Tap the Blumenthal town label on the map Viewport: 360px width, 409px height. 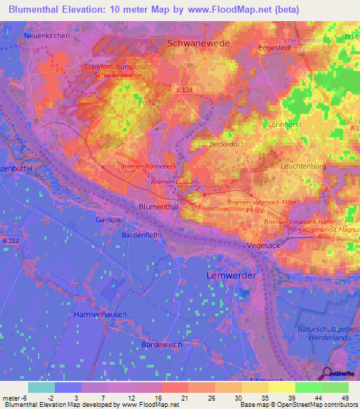[161, 207]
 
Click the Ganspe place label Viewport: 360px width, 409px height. [108, 220]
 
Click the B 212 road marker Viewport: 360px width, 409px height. [11, 241]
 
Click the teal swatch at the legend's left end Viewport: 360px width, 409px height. [41, 387]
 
